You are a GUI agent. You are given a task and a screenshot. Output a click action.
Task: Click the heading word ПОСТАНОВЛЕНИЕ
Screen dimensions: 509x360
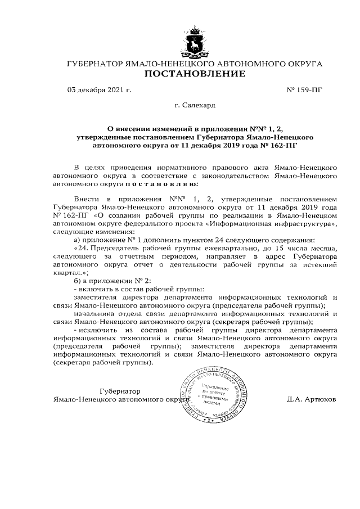[x=195, y=74]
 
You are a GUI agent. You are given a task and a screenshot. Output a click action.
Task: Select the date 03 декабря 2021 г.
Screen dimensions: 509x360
[x=99, y=89]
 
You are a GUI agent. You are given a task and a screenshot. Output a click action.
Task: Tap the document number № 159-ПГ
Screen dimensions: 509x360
[x=305, y=89]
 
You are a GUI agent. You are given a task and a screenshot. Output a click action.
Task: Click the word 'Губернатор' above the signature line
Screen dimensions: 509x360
[x=120, y=391]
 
